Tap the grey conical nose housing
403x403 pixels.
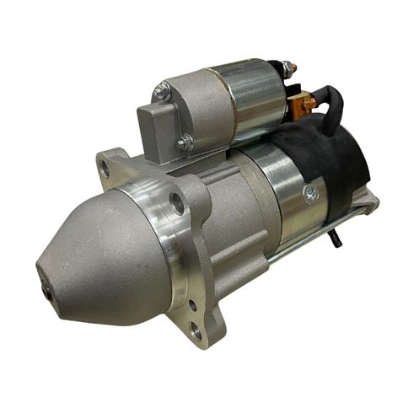click(101, 253)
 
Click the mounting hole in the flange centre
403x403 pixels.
click(177, 202)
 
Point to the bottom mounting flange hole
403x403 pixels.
click(196, 332)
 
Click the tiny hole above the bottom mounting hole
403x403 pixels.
click(192, 305)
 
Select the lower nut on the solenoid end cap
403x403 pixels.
click(185, 143)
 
